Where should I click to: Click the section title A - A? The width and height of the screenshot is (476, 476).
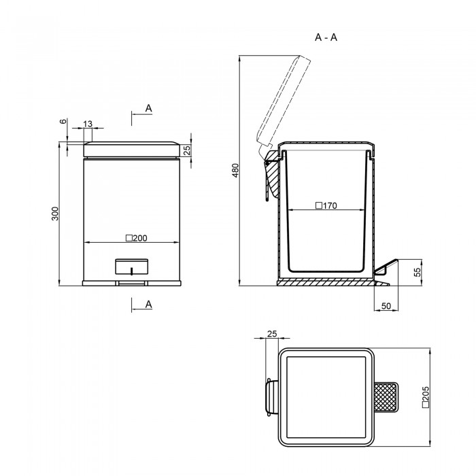326,37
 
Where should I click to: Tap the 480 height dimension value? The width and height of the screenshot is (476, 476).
235,171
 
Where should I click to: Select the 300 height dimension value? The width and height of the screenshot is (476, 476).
55,214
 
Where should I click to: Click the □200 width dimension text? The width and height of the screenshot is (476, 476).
136,238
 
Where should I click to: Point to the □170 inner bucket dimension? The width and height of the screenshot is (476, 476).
326,206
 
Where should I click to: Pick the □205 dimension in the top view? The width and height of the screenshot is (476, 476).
426,397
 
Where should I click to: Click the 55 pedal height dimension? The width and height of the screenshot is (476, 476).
418,271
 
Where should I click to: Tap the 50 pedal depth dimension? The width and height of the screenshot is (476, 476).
386,306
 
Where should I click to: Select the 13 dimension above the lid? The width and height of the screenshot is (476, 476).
88,124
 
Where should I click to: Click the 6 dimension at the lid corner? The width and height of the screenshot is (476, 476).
63,121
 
